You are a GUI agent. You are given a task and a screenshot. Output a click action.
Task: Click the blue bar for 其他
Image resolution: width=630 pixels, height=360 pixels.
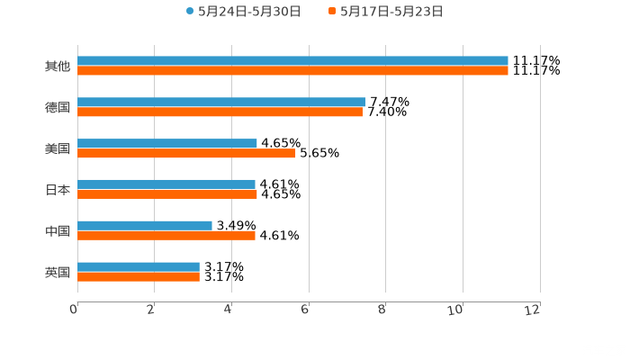click(x=292, y=61)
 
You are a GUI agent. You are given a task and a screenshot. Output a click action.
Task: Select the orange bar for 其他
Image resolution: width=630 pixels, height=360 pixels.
click(x=292, y=70)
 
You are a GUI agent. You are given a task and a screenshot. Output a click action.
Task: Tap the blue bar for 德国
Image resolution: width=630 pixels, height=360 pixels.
click(x=221, y=103)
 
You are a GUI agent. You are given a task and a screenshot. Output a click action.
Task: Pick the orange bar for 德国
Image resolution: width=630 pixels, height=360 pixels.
click(x=220, y=112)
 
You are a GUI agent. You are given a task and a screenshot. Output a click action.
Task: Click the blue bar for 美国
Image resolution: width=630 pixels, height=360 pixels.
click(x=167, y=143)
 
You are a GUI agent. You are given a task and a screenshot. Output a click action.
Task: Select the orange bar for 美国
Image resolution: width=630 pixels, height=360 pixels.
click(x=186, y=153)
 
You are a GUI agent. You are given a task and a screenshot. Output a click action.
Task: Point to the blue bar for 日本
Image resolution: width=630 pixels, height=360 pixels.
click(x=166, y=184)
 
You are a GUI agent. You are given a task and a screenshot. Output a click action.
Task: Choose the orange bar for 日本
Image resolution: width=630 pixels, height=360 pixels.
click(x=167, y=193)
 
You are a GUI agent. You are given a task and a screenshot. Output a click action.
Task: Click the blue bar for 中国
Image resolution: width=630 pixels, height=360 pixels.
click(x=145, y=225)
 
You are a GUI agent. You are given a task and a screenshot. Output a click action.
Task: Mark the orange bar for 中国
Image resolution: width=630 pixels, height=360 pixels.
click(x=166, y=235)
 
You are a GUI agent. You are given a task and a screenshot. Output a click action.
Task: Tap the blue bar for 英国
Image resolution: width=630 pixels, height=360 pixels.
click(x=139, y=266)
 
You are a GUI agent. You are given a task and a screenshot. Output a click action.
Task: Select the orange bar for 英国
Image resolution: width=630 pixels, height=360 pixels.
click(x=139, y=276)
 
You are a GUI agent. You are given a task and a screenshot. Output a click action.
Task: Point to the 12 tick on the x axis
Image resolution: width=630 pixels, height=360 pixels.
click(x=534, y=310)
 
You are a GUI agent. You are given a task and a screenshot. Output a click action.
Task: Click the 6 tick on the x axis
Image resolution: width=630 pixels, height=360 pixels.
click(x=305, y=310)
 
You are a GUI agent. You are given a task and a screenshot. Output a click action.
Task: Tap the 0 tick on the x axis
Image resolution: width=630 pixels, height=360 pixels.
click(x=74, y=310)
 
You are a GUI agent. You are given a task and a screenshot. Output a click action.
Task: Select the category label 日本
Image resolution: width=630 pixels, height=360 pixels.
click(x=58, y=190)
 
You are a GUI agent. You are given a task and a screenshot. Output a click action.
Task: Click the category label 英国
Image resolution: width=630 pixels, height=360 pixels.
click(x=58, y=272)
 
